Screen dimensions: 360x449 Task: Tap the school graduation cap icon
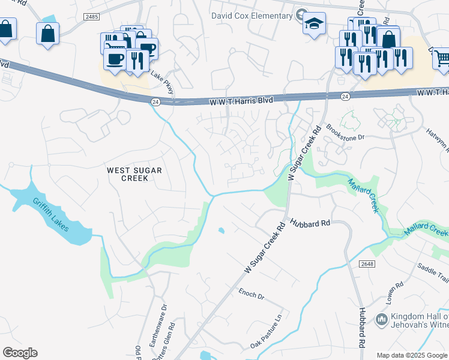[314, 23]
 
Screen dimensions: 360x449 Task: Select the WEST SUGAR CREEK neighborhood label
[134, 174]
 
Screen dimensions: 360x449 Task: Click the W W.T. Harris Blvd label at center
[241, 102]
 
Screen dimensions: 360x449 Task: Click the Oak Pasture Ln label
[267, 335]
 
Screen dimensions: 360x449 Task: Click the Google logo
[20, 353]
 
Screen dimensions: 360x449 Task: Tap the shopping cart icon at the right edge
[441, 58]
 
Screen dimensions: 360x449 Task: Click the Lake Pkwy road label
[162, 83]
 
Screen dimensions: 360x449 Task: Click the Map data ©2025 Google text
[412, 355]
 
